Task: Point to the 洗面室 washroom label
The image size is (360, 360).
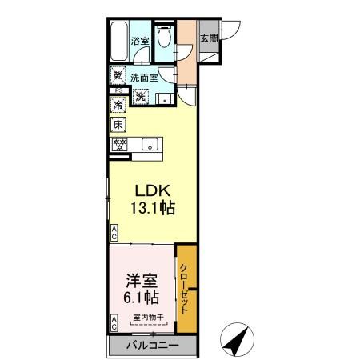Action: (142, 78)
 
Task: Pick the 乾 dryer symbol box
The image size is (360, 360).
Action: (118, 77)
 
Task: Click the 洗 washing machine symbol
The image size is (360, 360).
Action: (140, 97)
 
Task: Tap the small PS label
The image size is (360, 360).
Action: (117, 92)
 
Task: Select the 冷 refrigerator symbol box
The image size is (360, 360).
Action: (118, 105)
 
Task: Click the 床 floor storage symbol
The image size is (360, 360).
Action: (118, 125)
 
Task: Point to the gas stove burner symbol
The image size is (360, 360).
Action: (119, 145)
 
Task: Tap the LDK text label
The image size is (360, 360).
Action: (149, 192)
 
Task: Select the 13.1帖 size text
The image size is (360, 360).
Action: (150, 208)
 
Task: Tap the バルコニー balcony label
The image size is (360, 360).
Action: (151, 346)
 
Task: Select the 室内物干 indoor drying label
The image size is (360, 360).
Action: (147, 318)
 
